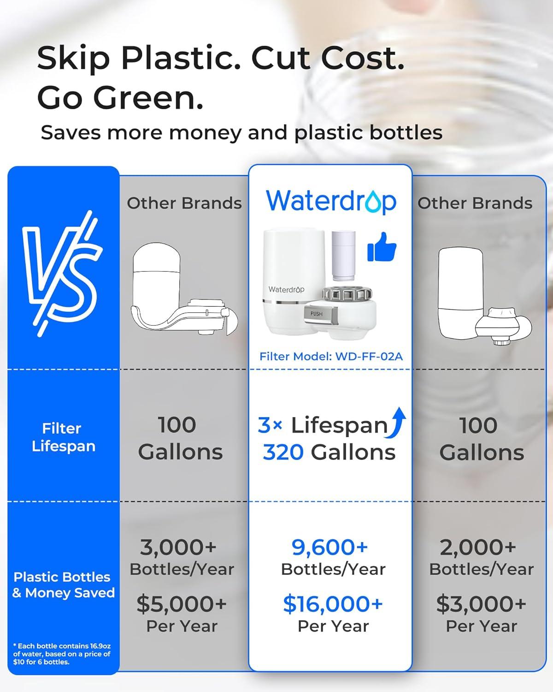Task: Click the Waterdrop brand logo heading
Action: click(x=331, y=201)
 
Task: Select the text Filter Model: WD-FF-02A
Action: click(x=331, y=356)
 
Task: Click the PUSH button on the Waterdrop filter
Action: click(x=317, y=314)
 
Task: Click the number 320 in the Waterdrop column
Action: click(x=283, y=453)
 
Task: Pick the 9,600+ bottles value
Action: click(x=330, y=547)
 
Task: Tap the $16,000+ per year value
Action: click(x=333, y=604)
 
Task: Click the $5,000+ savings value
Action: click(x=182, y=604)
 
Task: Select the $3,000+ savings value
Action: click(x=481, y=604)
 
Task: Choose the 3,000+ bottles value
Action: click(x=178, y=547)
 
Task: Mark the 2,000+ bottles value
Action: click(x=478, y=547)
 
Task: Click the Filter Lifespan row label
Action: click(x=63, y=437)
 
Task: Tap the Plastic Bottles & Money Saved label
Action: click(x=63, y=585)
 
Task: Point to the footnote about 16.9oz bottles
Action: click(x=62, y=654)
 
